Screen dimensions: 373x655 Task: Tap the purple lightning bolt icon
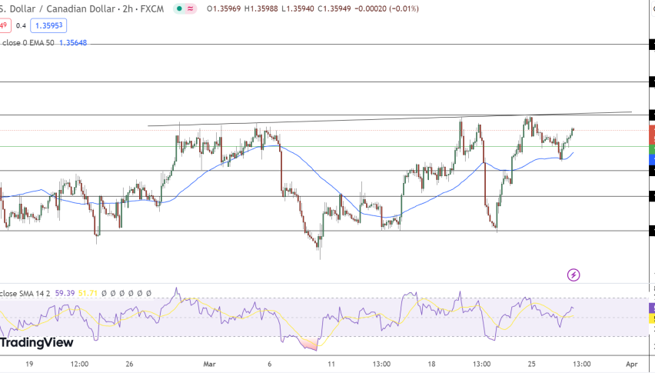coord(573,275)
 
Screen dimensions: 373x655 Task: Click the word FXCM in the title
coord(150,8)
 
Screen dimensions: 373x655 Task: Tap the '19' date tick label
coord(29,364)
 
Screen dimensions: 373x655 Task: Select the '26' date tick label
coord(130,364)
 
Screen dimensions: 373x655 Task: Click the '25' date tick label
coord(530,364)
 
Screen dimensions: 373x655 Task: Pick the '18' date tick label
coord(431,364)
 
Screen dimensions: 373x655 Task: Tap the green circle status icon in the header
coord(178,8)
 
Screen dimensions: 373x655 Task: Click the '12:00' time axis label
coord(79,364)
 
